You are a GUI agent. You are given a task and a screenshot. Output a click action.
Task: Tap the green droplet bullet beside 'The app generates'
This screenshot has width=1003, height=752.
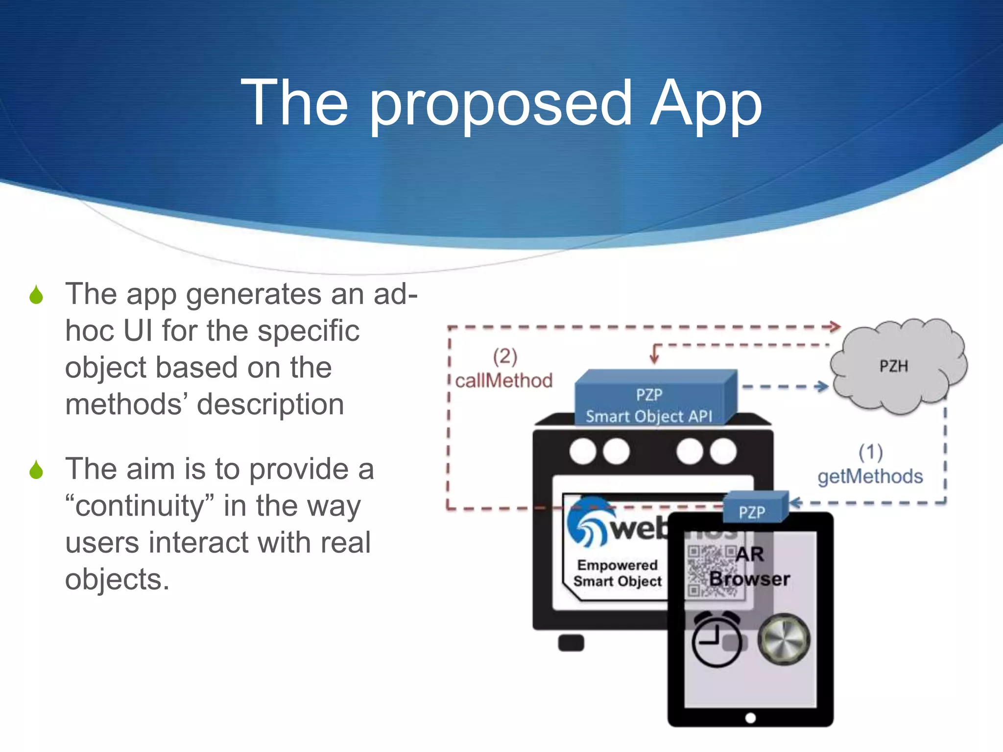[x=36, y=295]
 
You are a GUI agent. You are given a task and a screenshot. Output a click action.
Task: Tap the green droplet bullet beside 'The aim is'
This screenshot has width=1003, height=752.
[x=36, y=470]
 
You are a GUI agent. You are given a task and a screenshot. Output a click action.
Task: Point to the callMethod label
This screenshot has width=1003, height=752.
[x=503, y=381]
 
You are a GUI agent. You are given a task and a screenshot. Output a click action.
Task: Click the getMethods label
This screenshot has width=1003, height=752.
[x=870, y=476]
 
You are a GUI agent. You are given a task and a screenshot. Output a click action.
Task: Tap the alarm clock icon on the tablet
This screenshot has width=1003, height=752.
[x=716, y=639]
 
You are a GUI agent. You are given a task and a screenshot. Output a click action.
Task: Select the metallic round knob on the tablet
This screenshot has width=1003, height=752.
[x=784, y=639]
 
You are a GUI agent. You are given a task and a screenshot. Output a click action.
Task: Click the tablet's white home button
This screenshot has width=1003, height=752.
[x=750, y=718]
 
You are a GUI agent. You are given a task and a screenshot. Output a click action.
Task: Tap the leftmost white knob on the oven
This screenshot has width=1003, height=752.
[x=583, y=451]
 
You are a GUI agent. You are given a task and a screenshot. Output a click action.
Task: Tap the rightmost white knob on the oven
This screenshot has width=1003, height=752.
[x=723, y=451]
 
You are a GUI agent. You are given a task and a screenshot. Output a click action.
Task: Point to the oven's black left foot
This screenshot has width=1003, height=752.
[x=571, y=643]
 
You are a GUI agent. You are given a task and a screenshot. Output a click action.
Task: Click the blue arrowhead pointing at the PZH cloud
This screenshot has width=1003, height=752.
[x=822, y=386]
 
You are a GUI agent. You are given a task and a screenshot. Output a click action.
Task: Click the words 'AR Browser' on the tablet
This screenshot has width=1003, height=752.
[x=749, y=567]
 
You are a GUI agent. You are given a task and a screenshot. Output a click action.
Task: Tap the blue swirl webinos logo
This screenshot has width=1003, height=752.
[x=586, y=521]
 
